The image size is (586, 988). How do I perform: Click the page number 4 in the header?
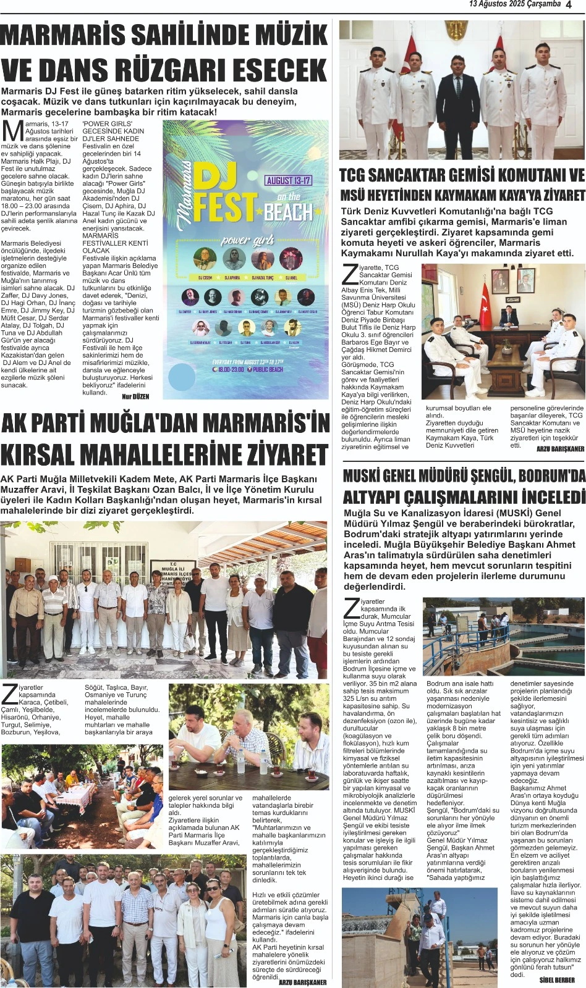click(x=569, y=4)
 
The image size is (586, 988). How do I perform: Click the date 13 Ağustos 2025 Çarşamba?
click(x=514, y=4)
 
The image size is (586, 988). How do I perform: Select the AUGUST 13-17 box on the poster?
click(x=289, y=180)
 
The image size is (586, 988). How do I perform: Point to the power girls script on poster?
click(x=247, y=240)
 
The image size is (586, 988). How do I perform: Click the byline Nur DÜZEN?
click(x=135, y=396)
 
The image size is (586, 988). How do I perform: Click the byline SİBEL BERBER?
click(x=557, y=980)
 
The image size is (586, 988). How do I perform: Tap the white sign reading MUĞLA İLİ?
click(x=173, y=569)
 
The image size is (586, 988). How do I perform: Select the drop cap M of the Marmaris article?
click(x=12, y=130)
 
